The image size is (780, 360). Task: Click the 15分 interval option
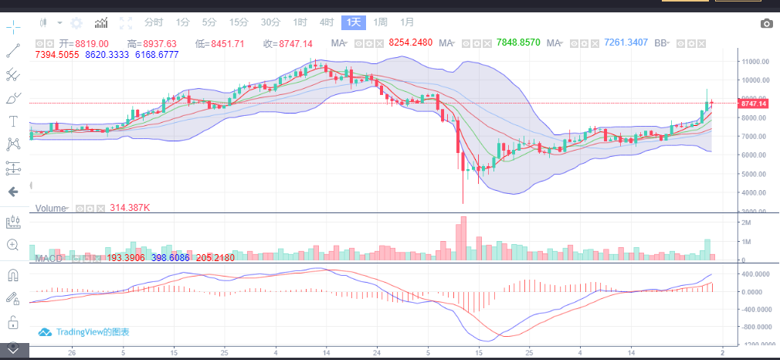pos(239,22)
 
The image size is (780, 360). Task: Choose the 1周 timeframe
pos(381,22)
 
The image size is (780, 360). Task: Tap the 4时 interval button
pos(327,22)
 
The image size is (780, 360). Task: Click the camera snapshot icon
pos(766,24)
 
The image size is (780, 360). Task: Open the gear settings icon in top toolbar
pos(76,23)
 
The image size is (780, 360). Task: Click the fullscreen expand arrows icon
pos(127,23)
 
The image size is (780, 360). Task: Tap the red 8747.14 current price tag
pos(752,104)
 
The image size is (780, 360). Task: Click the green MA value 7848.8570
pos(518,43)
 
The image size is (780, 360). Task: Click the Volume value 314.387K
pos(131,208)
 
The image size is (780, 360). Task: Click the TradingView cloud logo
pos(45,332)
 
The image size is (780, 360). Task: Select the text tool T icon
pos(13,121)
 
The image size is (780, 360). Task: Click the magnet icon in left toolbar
pos(13,274)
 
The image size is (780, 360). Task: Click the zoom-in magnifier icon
pos(13,244)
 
